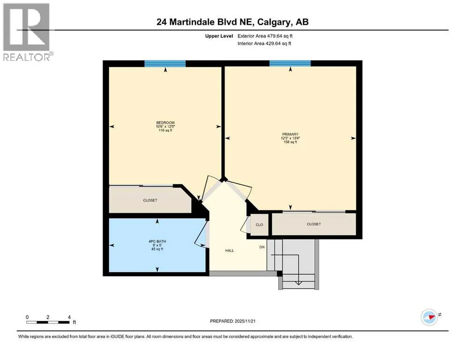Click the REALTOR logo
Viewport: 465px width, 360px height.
pos(26,31)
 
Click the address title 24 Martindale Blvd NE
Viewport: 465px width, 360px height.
pos(232,22)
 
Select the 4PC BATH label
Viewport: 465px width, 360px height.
pos(157,242)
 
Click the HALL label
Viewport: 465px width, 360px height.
pos(229,251)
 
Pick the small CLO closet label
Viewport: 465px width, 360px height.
pos(259,225)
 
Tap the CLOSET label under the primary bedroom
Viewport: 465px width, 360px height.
pos(314,224)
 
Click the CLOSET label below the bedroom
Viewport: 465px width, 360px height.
pos(150,200)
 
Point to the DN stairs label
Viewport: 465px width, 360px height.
pos(263,247)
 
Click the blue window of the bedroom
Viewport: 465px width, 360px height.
pos(165,63)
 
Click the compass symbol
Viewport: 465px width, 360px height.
pos(429,317)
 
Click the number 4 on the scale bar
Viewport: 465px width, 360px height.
pos(69,317)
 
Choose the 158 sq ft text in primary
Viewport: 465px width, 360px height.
pos(290,142)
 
